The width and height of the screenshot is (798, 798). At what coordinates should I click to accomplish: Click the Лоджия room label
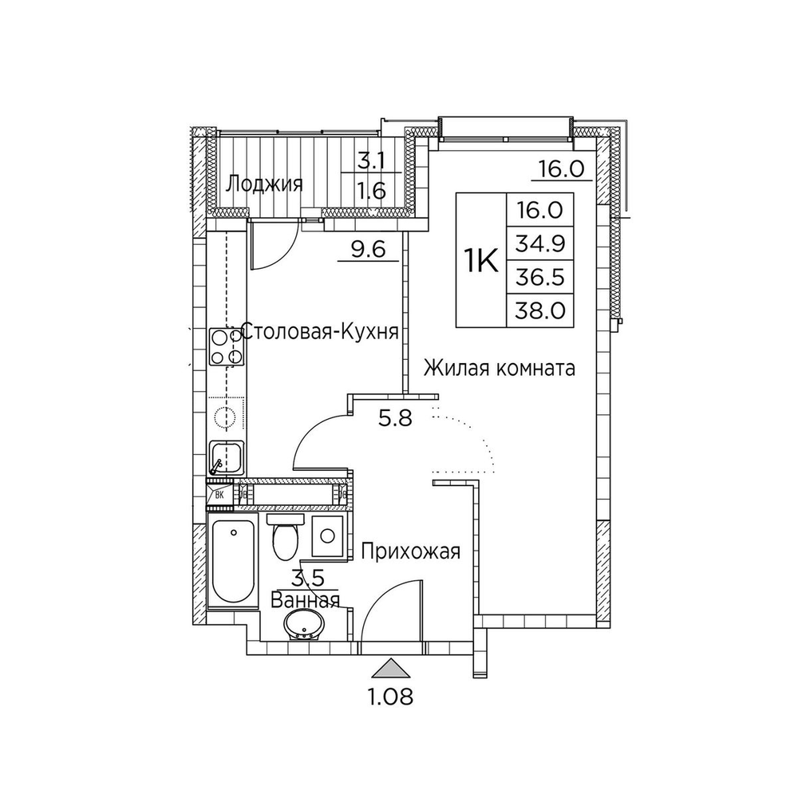(x=265, y=184)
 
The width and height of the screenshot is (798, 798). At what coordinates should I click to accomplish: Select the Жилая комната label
(x=500, y=368)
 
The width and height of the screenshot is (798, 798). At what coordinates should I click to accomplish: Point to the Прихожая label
(x=411, y=551)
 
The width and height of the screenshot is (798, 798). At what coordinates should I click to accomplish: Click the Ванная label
(x=305, y=600)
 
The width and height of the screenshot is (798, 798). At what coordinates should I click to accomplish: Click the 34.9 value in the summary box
(x=540, y=243)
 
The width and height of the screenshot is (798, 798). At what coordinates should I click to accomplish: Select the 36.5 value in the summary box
(x=540, y=278)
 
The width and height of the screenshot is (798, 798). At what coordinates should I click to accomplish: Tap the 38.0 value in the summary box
(x=540, y=310)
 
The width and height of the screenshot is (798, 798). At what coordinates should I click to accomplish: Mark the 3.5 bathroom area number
(x=308, y=578)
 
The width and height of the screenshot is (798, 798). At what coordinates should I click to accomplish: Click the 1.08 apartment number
(x=390, y=697)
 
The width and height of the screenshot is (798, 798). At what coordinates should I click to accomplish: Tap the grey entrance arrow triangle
(x=390, y=668)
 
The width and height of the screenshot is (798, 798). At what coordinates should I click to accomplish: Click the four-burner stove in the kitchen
(x=227, y=346)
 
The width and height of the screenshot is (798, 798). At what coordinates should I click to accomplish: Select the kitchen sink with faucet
(x=227, y=458)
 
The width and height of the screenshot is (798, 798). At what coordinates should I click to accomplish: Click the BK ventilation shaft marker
(x=220, y=494)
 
